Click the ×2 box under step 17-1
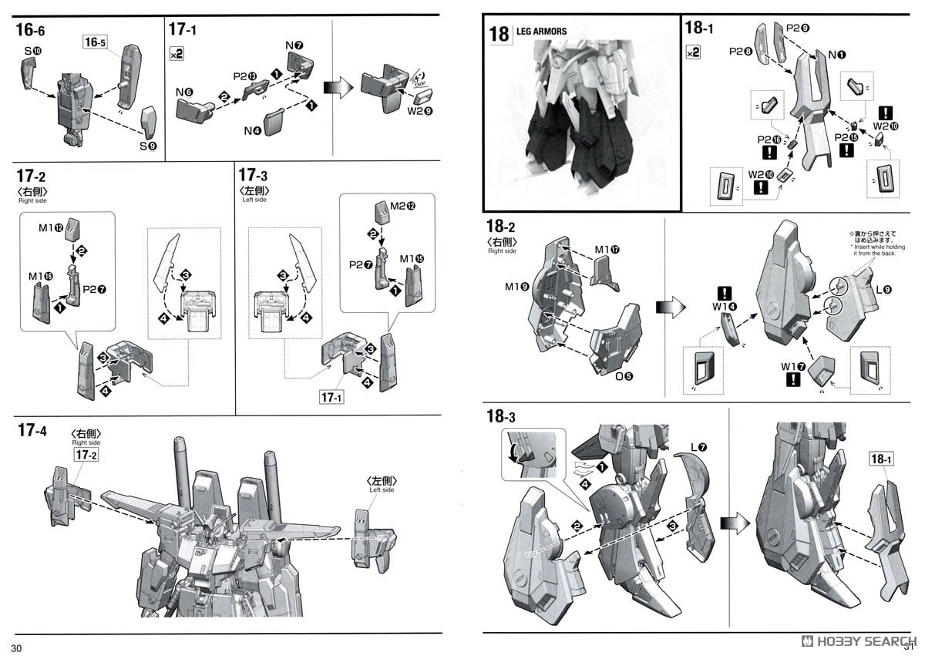(x=177, y=54)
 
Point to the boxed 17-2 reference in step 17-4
(x=85, y=456)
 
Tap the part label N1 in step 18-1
(x=836, y=54)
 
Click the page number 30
(x=17, y=648)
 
